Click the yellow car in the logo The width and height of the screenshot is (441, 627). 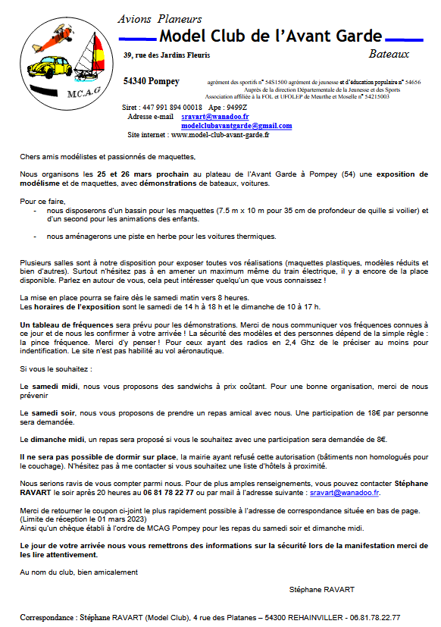point(47,69)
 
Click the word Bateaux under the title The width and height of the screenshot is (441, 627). point(388,54)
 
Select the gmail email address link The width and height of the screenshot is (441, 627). point(236,125)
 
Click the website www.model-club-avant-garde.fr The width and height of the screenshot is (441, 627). point(220,135)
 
